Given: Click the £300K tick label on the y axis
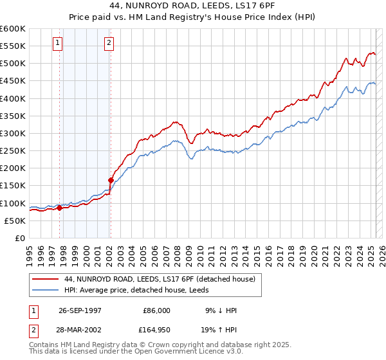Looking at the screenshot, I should click(13, 133).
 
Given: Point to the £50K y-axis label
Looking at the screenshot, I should click(15, 221).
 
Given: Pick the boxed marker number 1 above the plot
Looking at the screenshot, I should click(57, 43).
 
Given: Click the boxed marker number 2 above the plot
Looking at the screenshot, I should click(109, 43).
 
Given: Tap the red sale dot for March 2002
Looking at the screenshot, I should click(111, 181).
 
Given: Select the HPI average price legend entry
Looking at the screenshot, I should click(142, 290).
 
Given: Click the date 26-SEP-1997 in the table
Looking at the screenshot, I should click(80, 310).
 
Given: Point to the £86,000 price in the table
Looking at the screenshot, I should click(156, 310).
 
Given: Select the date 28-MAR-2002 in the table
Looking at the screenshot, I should click(80, 330).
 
